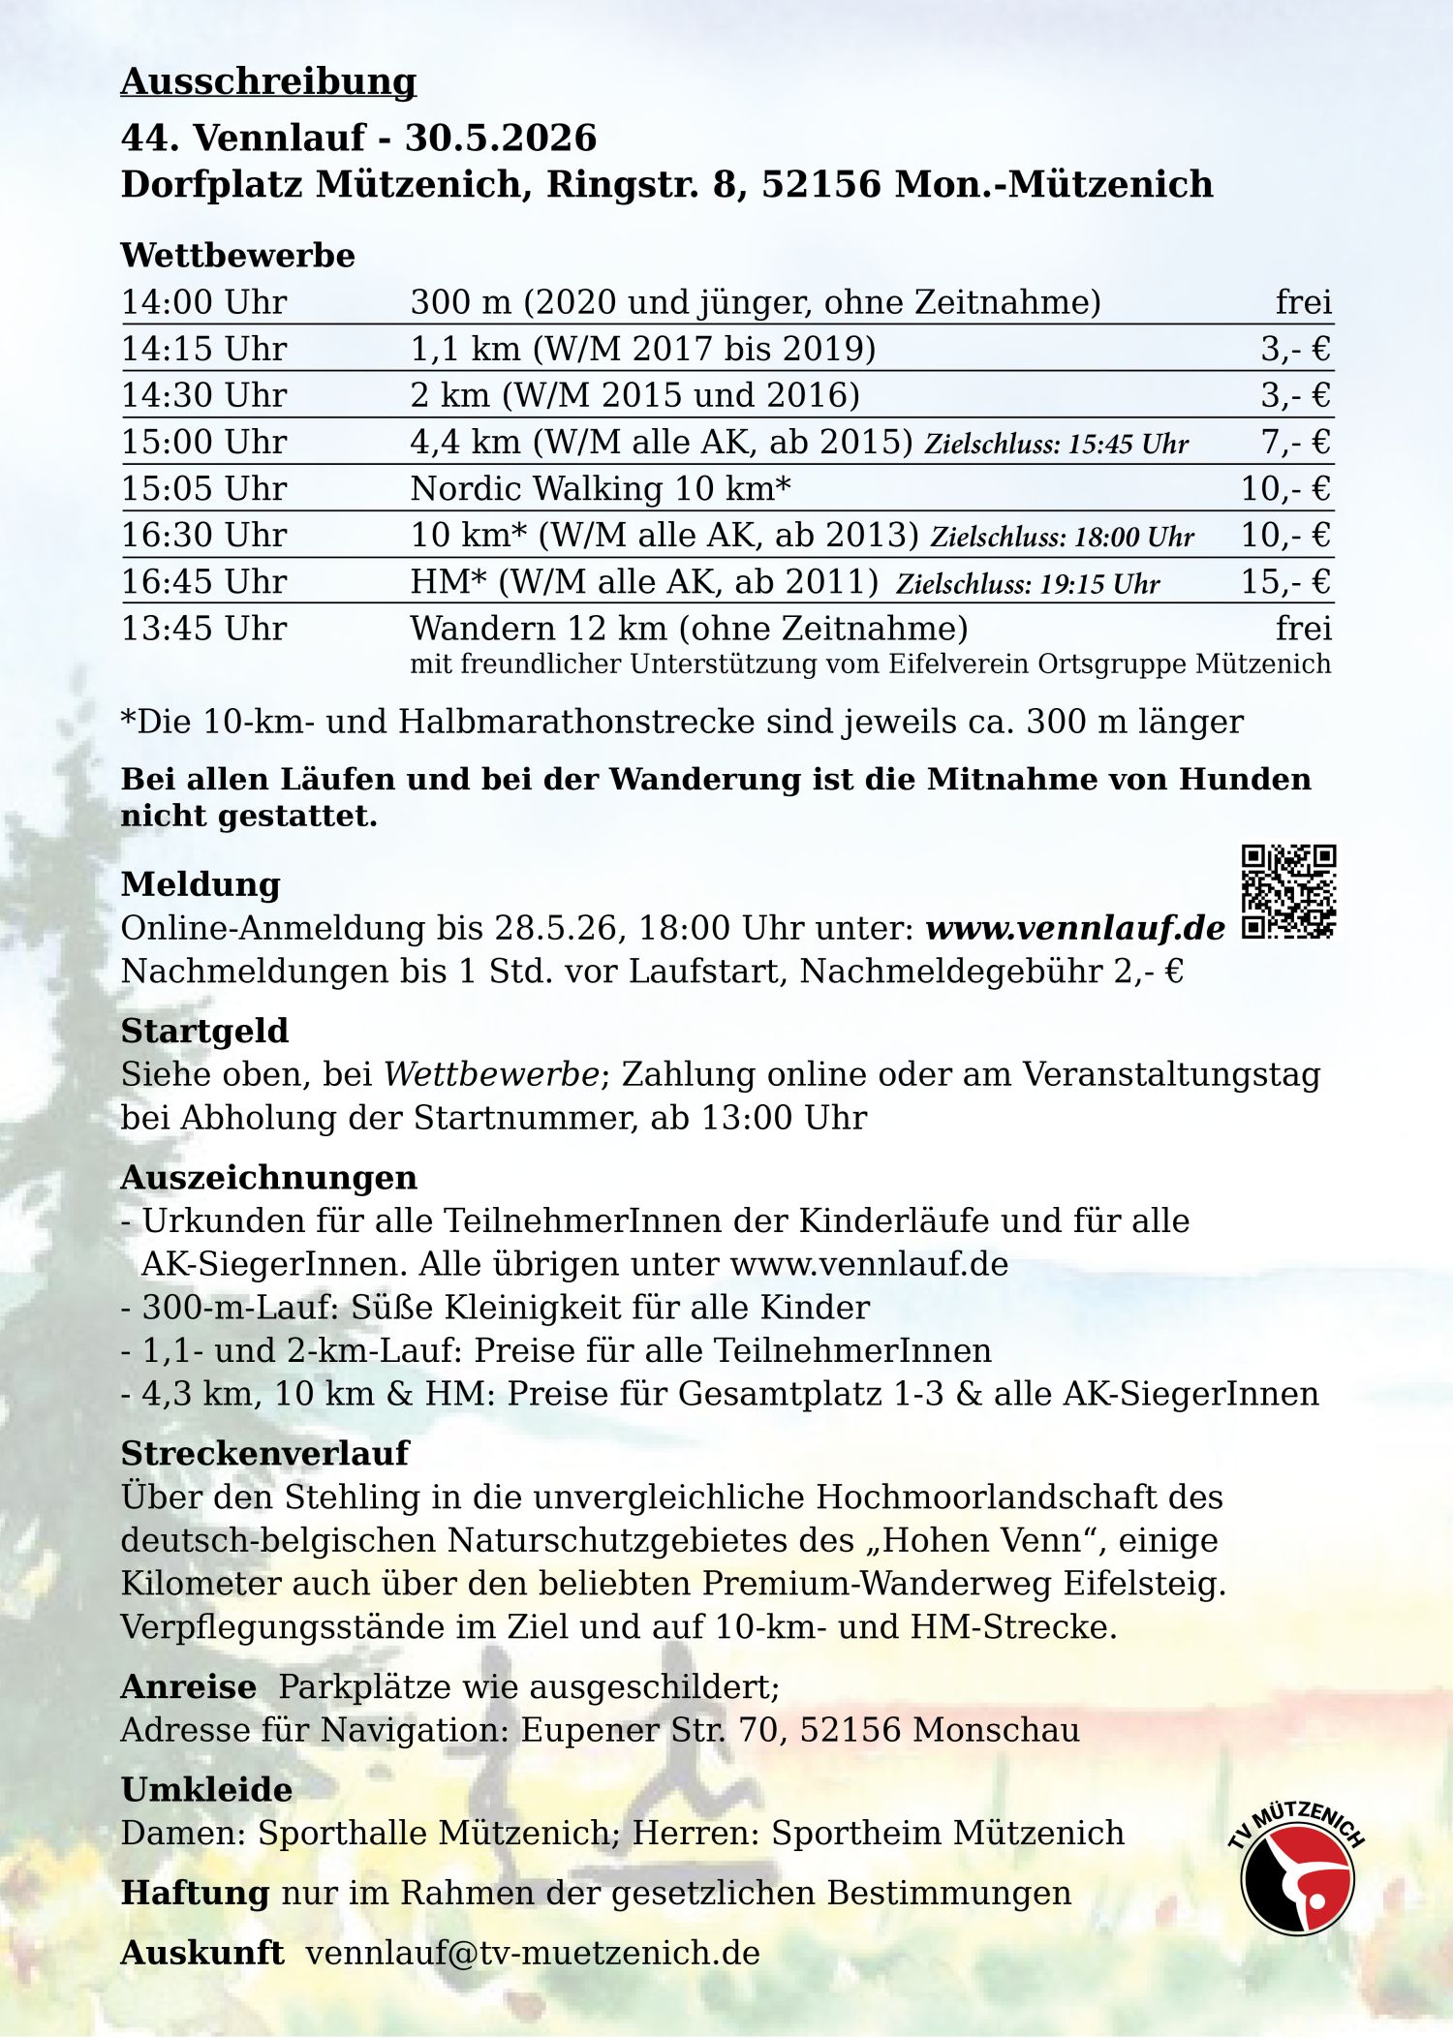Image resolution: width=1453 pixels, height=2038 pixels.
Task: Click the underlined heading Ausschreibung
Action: pyautogui.click(x=268, y=82)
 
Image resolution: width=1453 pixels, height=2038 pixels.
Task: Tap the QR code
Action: pyautogui.click(x=1288, y=891)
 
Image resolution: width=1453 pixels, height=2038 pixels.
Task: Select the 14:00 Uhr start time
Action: pyautogui.click(x=203, y=302)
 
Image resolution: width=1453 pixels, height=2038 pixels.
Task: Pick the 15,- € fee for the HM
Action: pyautogui.click(x=1285, y=581)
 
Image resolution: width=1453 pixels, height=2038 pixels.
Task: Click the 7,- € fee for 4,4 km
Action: pyautogui.click(x=1295, y=442)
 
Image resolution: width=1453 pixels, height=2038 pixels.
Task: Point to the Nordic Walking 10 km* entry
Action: pyautogui.click(x=601, y=488)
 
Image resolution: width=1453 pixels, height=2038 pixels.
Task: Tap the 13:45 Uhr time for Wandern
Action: pyautogui.click(x=203, y=628)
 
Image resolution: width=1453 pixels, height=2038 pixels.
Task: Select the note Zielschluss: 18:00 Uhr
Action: pyautogui.click(x=1062, y=537)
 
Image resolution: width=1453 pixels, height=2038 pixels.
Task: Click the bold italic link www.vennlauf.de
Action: pyautogui.click(x=1075, y=928)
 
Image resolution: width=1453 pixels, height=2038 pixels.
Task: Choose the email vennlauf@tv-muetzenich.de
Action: pyautogui.click(x=533, y=1953)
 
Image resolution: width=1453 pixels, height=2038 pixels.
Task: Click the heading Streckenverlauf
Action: pyautogui.click(x=264, y=1453)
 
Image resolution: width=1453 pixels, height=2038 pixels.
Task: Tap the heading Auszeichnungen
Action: pyautogui.click(x=268, y=1177)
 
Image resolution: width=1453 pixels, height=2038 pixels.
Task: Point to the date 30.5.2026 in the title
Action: pyautogui.click(x=501, y=138)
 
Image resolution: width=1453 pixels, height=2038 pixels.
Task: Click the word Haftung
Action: pyautogui.click(x=195, y=1892)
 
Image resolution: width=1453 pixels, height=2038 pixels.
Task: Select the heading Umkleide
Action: pyautogui.click(x=206, y=1789)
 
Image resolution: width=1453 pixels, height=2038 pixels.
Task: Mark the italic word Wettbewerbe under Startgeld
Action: pyautogui.click(x=491, y=1074)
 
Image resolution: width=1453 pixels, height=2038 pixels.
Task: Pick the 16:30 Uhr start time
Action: pyautogui.click(x=203, y=535)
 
